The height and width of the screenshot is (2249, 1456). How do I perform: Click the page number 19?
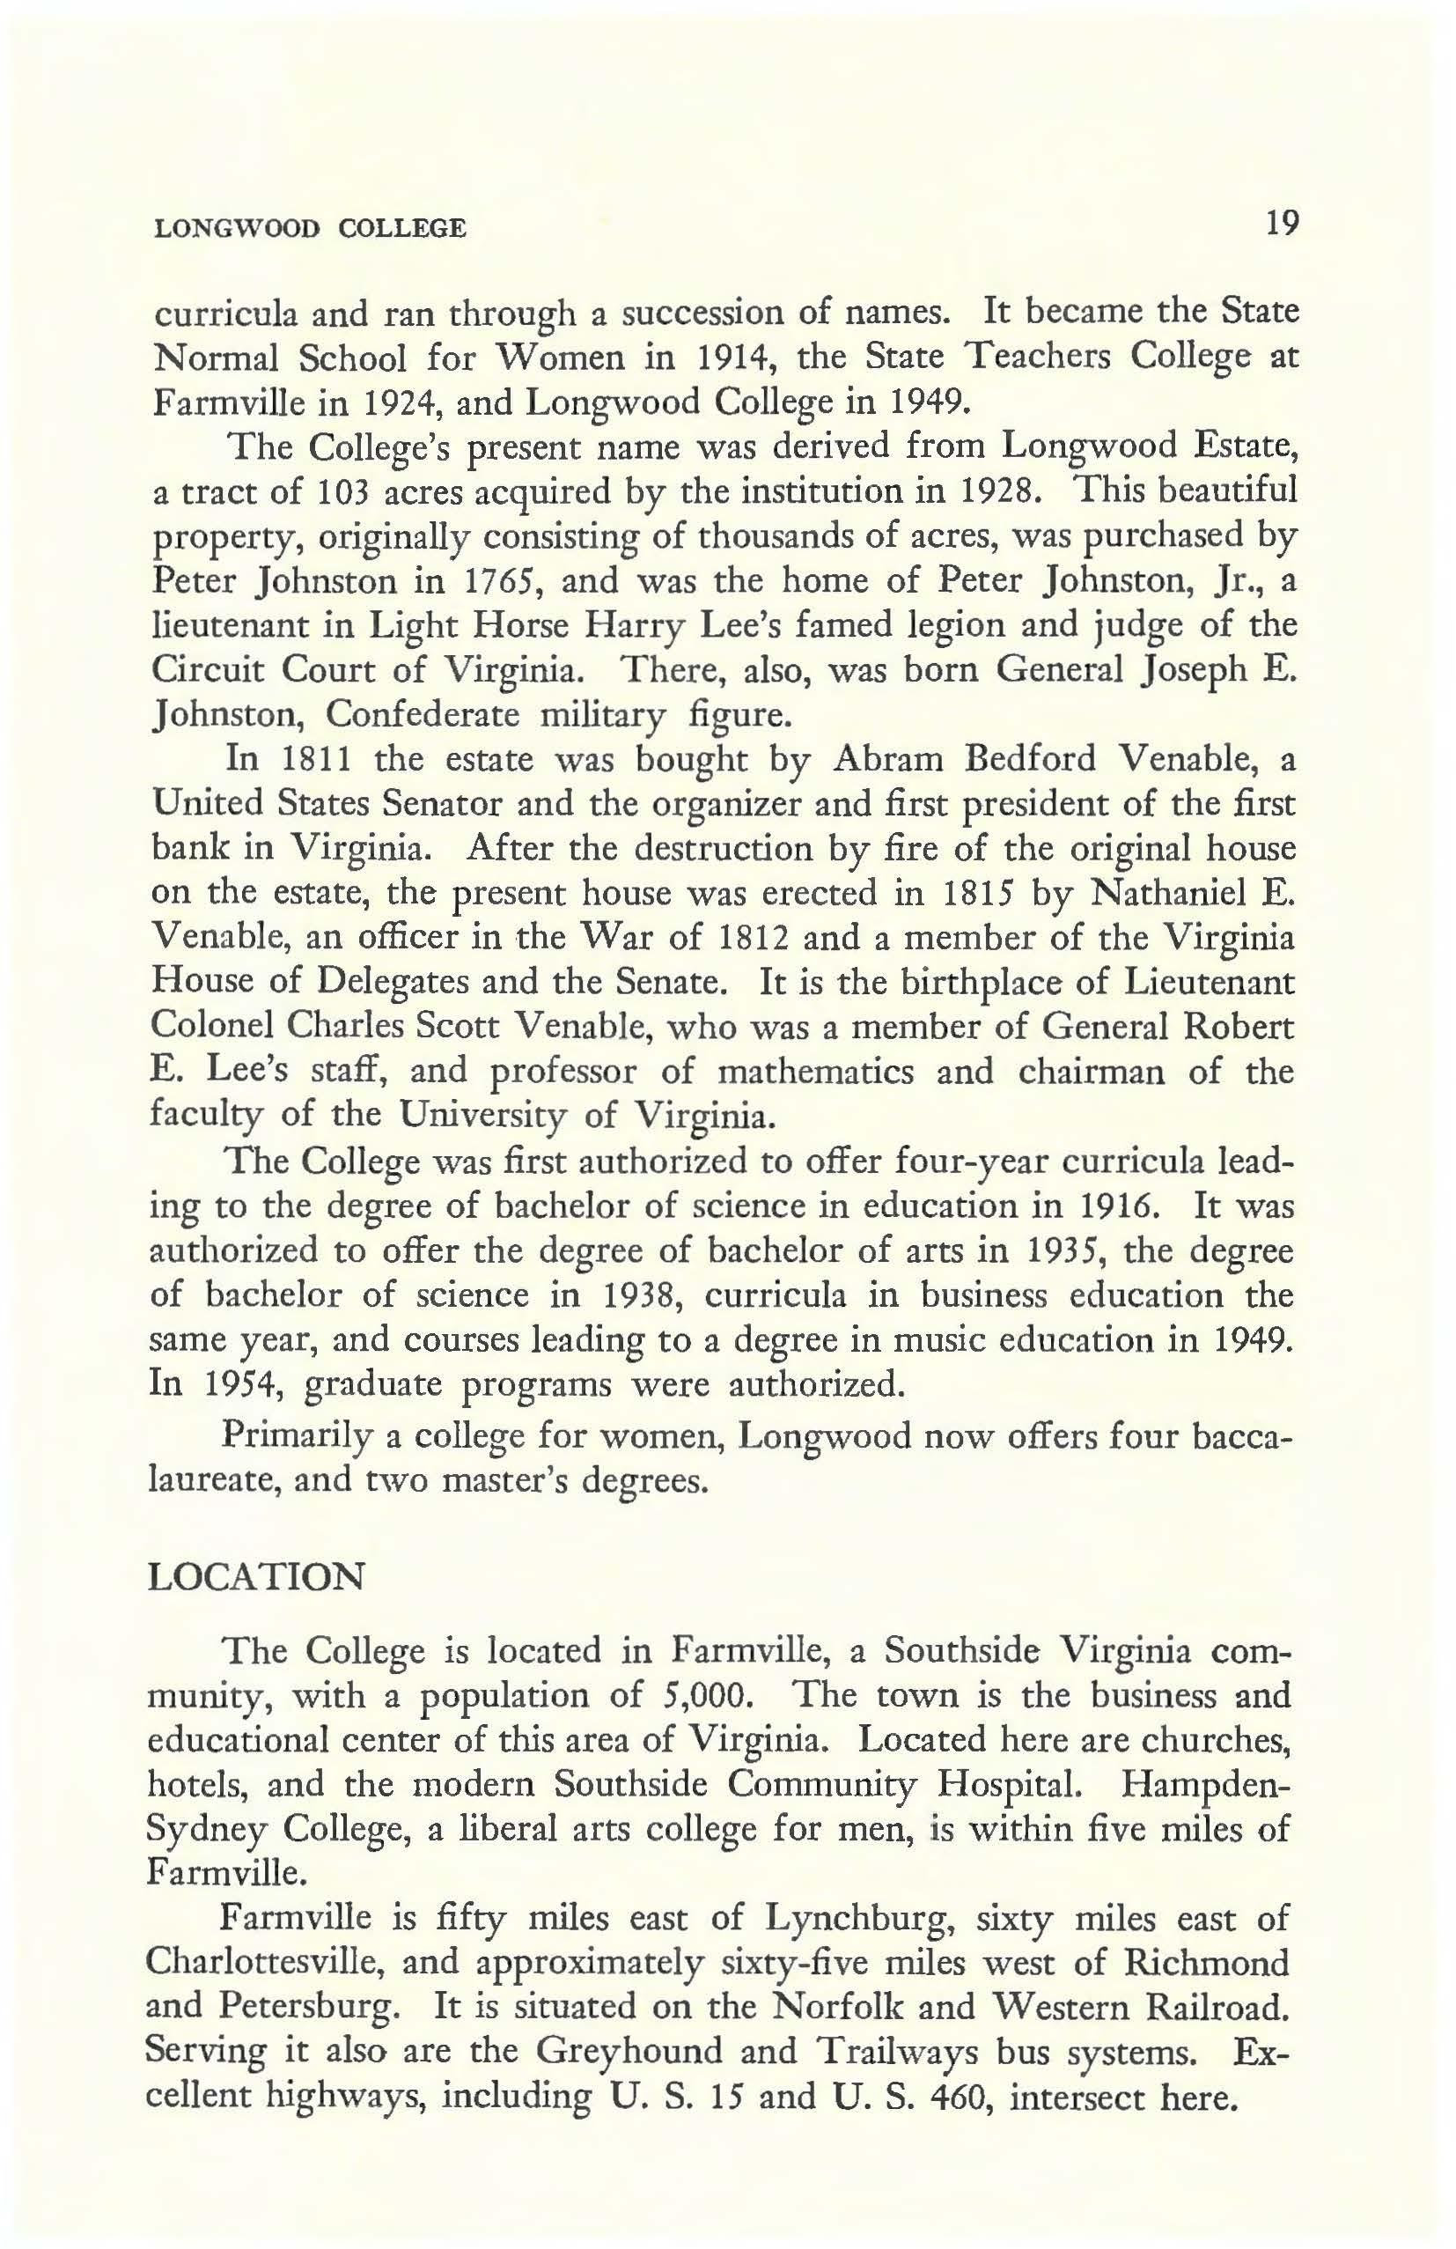pyautogui.click(x=1285, y=225)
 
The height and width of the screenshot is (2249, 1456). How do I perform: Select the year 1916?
pyautogui.click(x=1122, y=1206)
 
